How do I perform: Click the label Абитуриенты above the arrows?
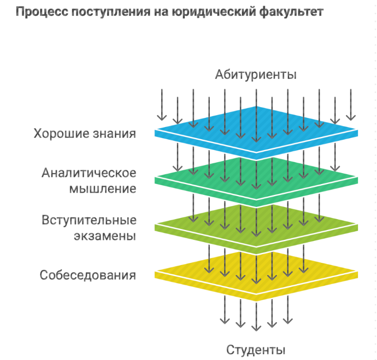(x=255, y=74)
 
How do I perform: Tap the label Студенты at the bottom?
(x=255, y=350)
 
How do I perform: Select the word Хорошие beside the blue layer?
(x=61, y=134)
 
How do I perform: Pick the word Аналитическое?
(x=89, y=173)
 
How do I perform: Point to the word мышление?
(x=103, y=188)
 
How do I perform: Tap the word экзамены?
(x=105, y=235)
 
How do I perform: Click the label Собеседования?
(x=87, y=275)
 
